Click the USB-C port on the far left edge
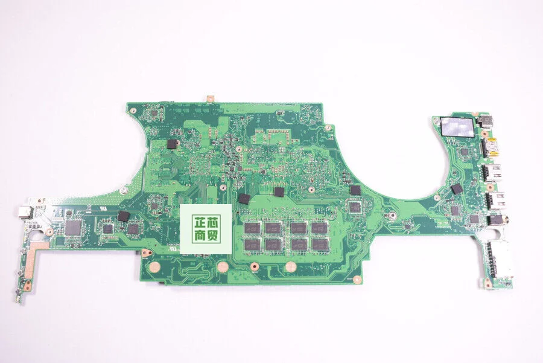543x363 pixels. pyautogui.click(x=24, y=213)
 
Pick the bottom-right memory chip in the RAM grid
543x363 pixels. pyautogui.click(x=319, y=244)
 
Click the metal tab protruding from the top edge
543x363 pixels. pyautogui.click(x=212, y=97)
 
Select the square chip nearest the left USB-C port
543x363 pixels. pyautogui.click(x=74, y=226)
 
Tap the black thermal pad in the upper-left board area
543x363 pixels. pyautogui.click(x=173, y=143)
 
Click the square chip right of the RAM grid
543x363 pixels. pyautogui.click(x=355, y=207)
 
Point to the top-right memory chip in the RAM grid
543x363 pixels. pyautogui.click(x=319, y=228)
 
